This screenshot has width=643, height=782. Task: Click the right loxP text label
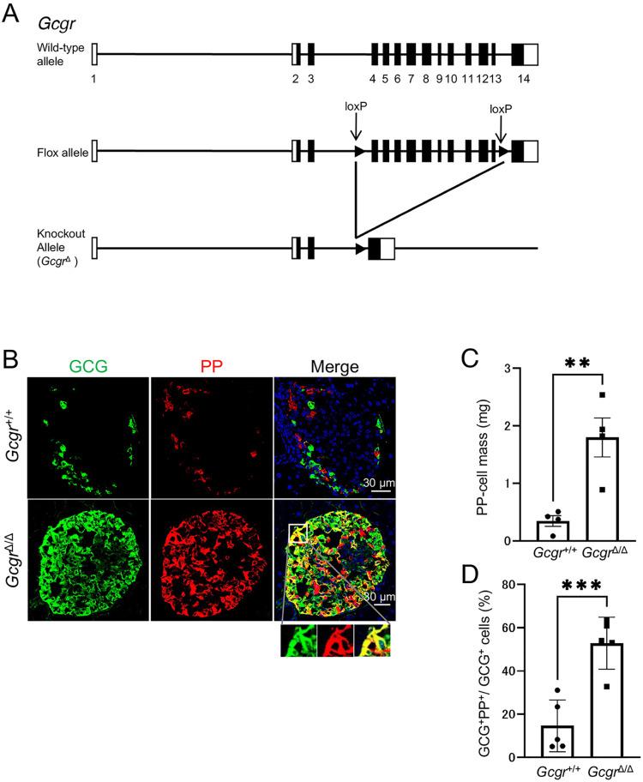click(502, 110)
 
